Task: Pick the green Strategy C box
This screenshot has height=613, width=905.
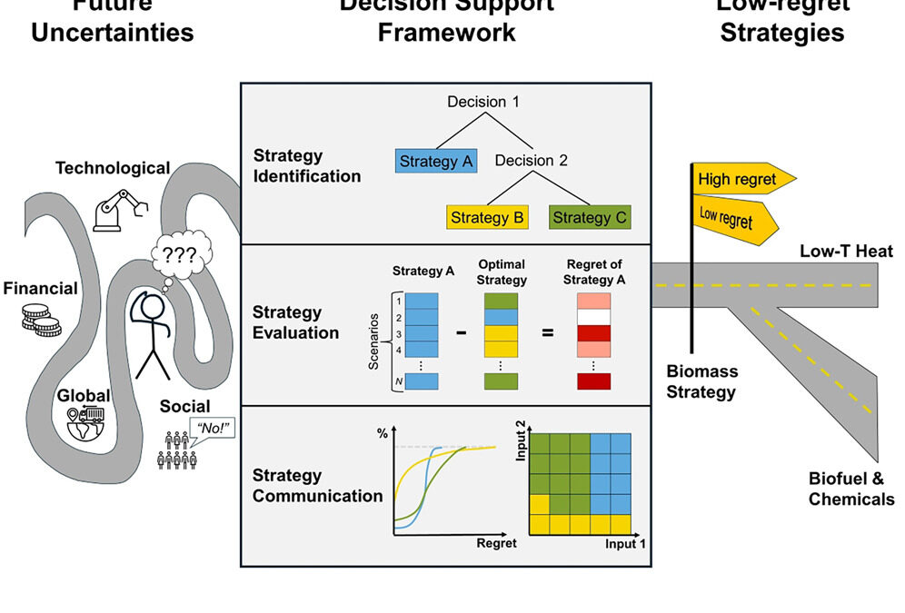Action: click(590, 217)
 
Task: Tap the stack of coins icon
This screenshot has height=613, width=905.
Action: click(42, 320)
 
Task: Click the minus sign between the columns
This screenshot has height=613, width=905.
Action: click(461, 332)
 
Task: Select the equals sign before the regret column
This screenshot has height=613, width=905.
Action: click(548, 332)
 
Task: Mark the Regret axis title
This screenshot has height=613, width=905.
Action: click(496, 543)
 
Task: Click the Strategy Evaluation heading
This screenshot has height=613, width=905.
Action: click(295, 322)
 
